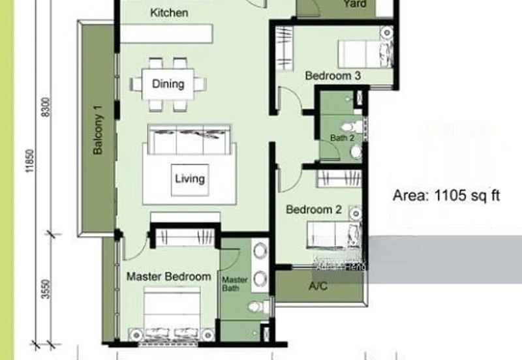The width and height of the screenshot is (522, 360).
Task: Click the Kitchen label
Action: click(x=169, y=12)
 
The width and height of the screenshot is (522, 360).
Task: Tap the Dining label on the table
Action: click(x=168, y=83)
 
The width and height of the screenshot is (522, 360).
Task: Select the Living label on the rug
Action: click(x=190, y=178)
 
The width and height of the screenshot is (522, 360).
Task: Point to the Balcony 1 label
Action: click(x=98, y=130)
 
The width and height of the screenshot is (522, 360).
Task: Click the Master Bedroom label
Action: click(x=168, y=277)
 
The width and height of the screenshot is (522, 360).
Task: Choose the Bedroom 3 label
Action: click(x=333, y=76)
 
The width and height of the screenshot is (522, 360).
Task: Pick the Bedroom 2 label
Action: click(x=314, y=210)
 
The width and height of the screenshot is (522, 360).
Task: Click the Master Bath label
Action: click(x=236, y=284)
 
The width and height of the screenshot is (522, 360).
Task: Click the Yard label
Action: click(x=355, y=5)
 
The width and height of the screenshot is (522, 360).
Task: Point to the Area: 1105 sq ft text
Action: click(x=446, y=195)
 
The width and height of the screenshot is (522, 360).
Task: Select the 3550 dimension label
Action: click(x=45, y=288)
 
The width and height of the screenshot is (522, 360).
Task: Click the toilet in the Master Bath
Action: click(x=258, y=306)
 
